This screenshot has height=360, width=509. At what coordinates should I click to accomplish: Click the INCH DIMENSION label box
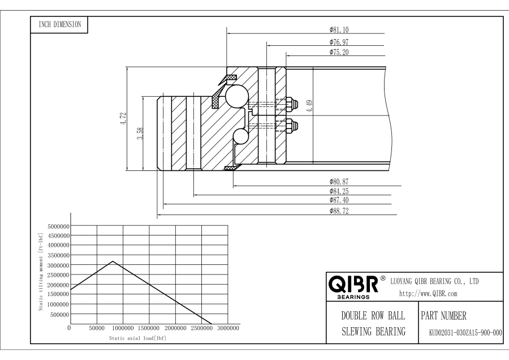pyautogui.click(x=59, y=24)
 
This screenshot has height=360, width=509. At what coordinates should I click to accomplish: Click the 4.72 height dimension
pyautogui.click(x=123, y=119)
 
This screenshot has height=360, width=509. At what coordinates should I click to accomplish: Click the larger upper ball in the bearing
pyautogui.click(x=235, y=96)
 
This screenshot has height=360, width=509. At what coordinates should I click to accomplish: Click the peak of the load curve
pyautogui.click(x=113, y=262)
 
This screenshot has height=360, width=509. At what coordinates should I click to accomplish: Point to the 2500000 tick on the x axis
pyautogui.click(x=202, y=328)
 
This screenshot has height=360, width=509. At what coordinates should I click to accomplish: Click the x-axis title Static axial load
pyautogui.click(x=137, y=338)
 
